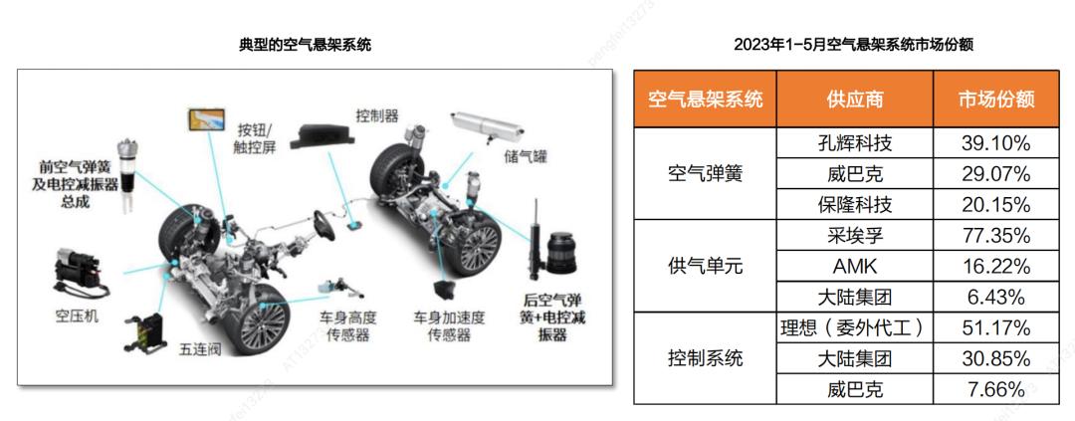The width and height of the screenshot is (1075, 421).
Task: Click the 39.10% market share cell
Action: tap(996, 142)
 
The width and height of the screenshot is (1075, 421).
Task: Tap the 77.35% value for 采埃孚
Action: tap(996, 236)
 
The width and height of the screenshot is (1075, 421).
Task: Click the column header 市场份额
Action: tap(996, 99)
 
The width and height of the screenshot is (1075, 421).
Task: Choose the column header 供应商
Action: tap(854, 99)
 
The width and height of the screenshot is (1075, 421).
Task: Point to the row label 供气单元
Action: tap(705, 267)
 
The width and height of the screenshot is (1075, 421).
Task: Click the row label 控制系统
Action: tap(705, 358)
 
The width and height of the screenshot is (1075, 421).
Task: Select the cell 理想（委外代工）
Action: tap(854, 328)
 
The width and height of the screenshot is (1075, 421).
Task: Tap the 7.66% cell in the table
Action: tap(996, 389)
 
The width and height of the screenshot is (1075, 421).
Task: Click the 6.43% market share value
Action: tap(996, 298)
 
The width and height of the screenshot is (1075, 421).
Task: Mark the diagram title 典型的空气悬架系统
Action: tap(305, 45)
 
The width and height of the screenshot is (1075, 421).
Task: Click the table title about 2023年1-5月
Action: tap(854, 45)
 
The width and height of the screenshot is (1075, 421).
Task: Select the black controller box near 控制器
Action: tap(322, 135)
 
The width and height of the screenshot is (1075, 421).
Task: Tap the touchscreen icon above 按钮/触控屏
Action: tap(208, 119)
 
